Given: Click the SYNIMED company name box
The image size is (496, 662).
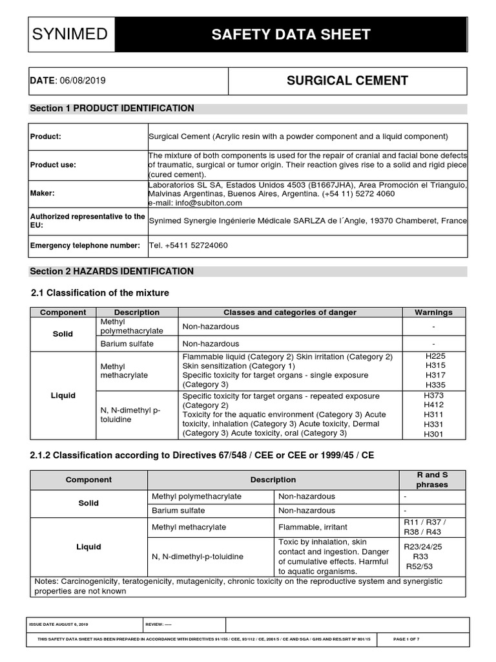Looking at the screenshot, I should pyautogui.click(x=72, y=34).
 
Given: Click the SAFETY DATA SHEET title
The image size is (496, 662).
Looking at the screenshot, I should pyautogui.click(x=291, y=34).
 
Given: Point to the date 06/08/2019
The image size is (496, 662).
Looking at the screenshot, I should pyautogui.click(x=83, y=81).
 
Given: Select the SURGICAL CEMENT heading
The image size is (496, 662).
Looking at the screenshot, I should pyautogui.click(x=347, y=81).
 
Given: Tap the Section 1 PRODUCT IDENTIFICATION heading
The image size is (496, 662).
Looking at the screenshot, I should pyautogui.click(x=112, y=108).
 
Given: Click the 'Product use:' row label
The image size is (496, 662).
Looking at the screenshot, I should pyautogui.click(x=53, y=165).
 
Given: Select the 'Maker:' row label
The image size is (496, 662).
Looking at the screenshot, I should pyautogui.click(x=43, y=193).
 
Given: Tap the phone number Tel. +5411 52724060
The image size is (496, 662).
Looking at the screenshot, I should pyautogui.click(x=188, y=246).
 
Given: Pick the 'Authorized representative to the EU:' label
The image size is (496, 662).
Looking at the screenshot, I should pyautogui.click(x=87, y=220).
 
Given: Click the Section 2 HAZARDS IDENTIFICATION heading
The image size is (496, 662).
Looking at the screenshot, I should pyautogui.click(x=112, y=271).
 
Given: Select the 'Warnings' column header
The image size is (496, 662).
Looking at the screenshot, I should pyautogui.click(x=433, y=312).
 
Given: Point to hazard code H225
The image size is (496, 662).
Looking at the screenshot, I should pyautogui.click(x=435, y=356).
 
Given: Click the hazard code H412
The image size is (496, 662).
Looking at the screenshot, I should pyautogui.click(x=433, y=405).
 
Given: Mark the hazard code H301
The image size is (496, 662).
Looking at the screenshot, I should pyautogui.click(x=433, y=434).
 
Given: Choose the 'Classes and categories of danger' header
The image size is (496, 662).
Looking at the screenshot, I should pyautogui.click(x=290, y=312).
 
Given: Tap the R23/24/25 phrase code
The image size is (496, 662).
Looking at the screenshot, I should pyautogui.click(x=422, y=546).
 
